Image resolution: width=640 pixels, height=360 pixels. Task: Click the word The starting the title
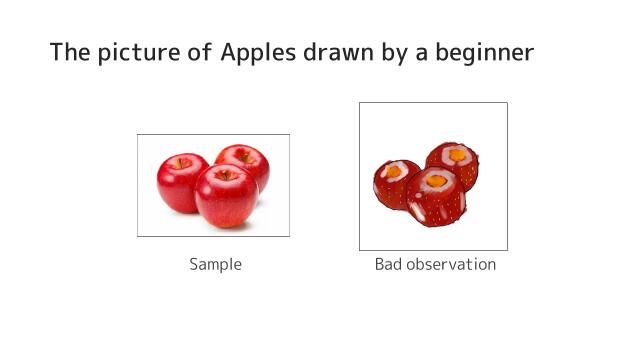71,52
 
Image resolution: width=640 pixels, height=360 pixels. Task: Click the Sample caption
215,265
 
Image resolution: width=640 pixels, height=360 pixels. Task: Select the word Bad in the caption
389,265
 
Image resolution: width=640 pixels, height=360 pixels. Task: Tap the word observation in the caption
451,265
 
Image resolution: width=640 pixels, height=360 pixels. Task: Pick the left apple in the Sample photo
181,182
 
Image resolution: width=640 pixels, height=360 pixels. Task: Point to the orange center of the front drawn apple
434,182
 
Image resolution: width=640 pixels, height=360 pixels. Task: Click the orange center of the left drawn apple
395,171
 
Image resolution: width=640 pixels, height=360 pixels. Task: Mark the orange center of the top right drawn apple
460,154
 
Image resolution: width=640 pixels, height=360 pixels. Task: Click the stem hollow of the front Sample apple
226,175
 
